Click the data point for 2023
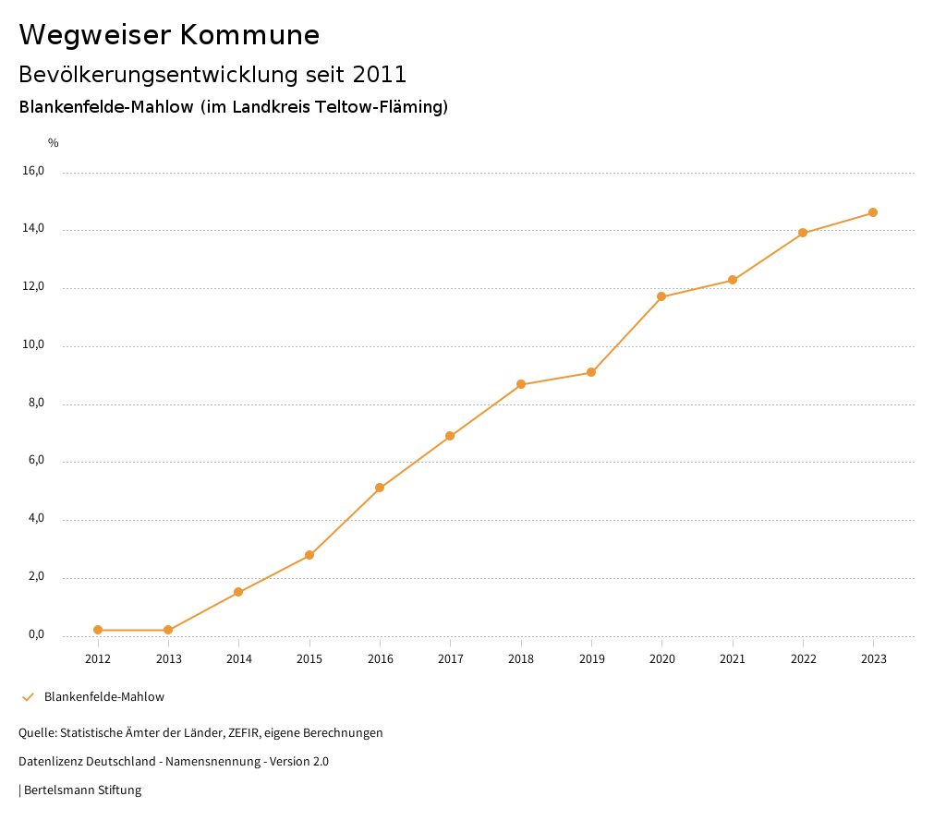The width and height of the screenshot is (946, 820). pos(873,212)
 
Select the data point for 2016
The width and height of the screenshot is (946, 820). pos(380,488)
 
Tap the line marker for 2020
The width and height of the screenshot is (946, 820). pos(661,296)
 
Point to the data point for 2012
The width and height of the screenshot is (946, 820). pos(98,630)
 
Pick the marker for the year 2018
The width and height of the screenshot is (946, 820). pos(521,384)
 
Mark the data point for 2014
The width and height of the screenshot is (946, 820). pos(238,592)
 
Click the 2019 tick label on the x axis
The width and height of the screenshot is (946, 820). pos(591,659)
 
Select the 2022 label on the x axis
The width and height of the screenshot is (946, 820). pos(803,659)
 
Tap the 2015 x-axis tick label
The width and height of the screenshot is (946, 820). pos(309,659)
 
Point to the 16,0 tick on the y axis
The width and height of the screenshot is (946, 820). pos(34,171)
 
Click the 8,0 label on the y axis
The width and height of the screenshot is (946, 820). pos(37,403)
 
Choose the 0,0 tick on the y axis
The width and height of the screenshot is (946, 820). pos(37,634)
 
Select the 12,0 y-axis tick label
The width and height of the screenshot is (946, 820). pos(34,286)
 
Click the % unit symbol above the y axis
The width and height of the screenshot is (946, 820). pos(54,143)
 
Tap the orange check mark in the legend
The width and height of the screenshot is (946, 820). pos(28,697)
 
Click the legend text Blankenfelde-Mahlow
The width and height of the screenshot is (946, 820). pos(104,697)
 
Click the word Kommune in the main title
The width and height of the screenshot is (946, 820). pos(249,35)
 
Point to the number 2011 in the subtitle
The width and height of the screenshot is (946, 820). pos(380,75)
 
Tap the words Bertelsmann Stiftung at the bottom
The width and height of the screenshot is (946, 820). pos(82,790)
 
